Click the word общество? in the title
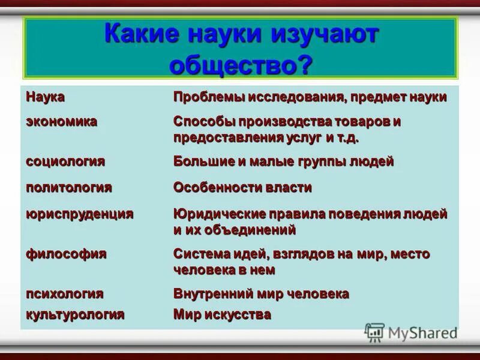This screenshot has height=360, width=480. coord(241,64)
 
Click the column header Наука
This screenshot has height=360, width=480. coord(45,97)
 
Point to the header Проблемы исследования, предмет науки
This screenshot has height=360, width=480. coord(310,97)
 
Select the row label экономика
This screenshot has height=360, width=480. coord(61,121)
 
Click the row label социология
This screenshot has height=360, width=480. coord(65,161)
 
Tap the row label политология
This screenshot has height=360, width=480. coord(69,187)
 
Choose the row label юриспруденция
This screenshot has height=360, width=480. coord(79,214)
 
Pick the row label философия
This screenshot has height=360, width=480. coord(66,254)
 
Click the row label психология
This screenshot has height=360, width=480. coord(65,294)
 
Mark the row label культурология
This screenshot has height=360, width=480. coord(75,314)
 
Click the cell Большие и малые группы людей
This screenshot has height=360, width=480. coord(283,161)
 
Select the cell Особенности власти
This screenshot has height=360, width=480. coord(242,187)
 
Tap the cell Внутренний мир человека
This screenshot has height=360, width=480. coord(261,294)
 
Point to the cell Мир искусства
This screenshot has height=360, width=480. coord(222,314)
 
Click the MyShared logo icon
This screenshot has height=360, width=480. coord(375,332)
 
